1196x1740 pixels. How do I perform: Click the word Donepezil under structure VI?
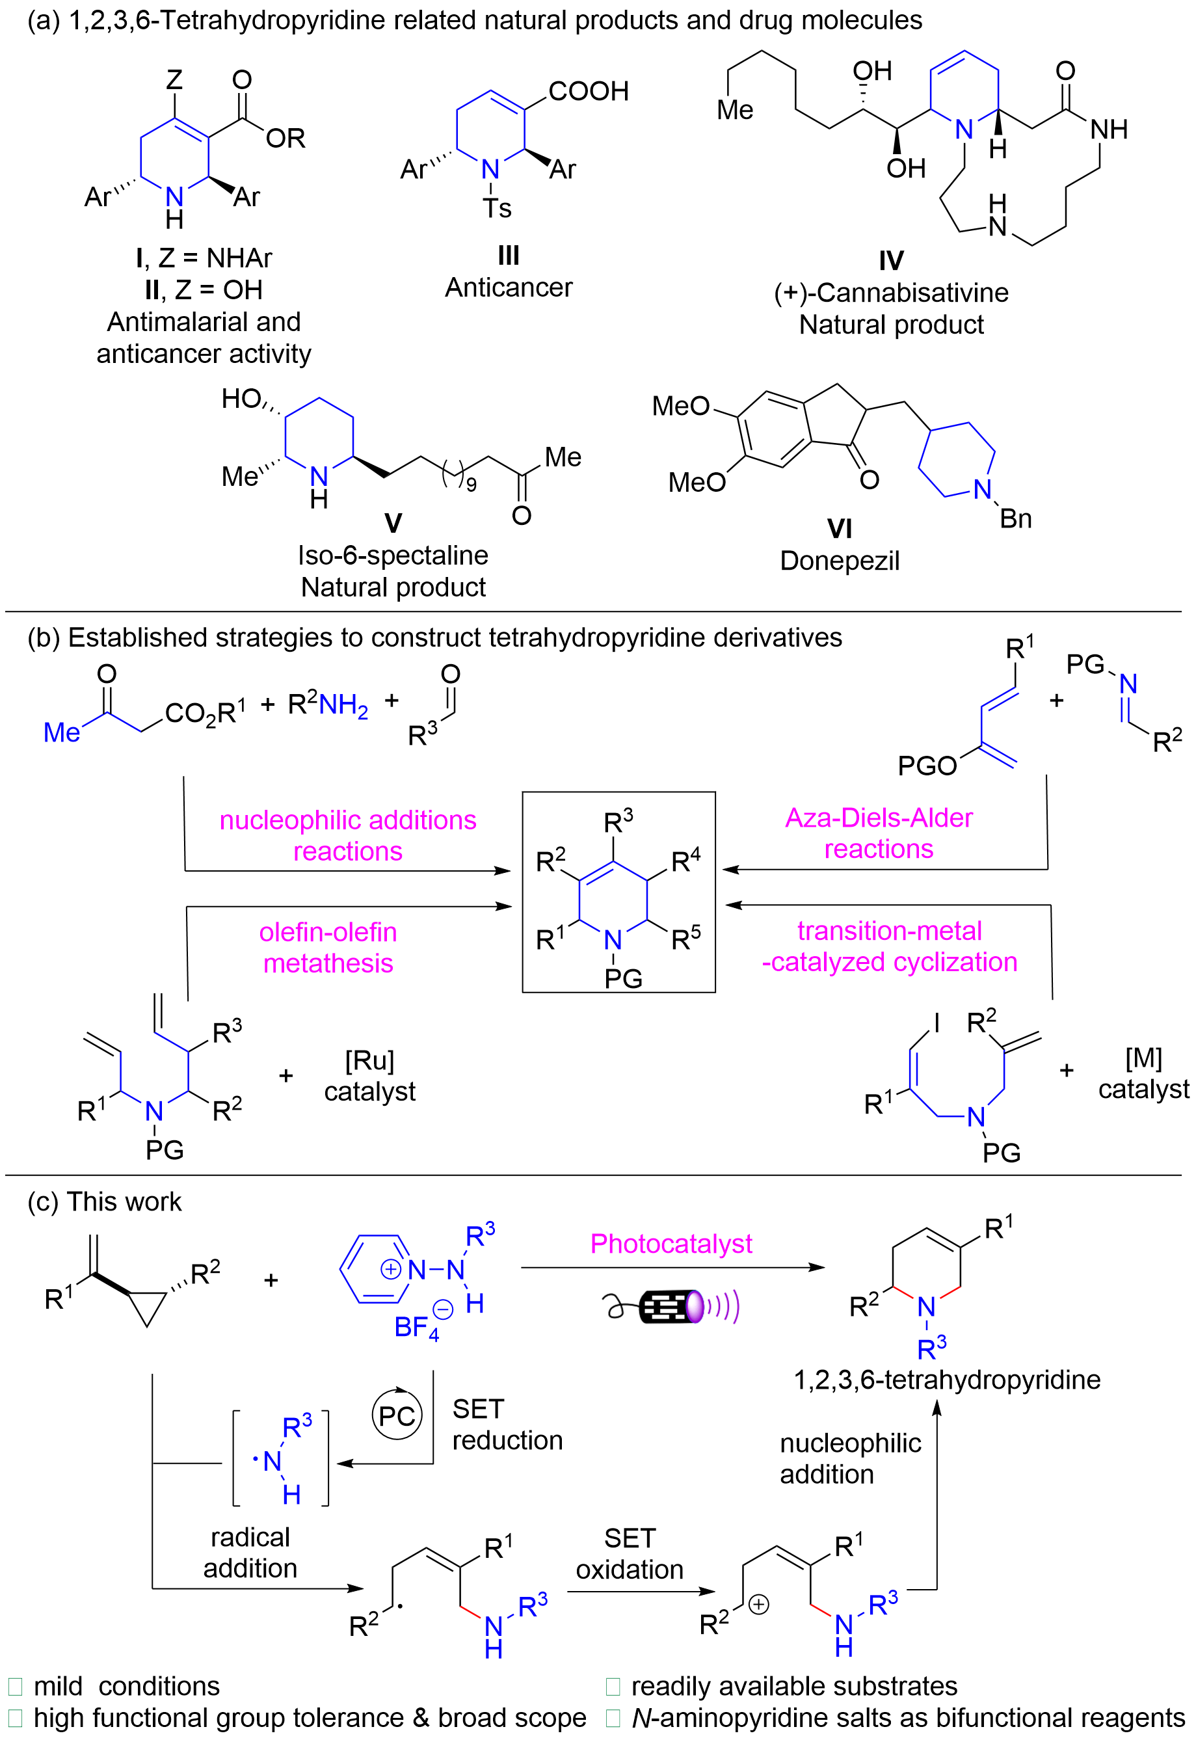tap(840, 561)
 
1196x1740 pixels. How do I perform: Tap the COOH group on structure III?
tap(589, 92)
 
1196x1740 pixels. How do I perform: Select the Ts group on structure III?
tap(497, 208)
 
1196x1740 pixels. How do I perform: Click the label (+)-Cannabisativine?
tap(891, 292)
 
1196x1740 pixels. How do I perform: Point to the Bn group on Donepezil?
tap(1015, 518)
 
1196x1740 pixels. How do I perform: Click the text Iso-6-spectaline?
tap(393, 555)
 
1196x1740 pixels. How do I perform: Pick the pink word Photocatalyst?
tap(671, 1244)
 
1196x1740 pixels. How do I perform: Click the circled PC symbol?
tap(397, 1415)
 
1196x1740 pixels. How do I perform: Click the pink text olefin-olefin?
tap(328, 932)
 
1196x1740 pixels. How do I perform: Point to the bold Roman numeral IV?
tap(891, 261)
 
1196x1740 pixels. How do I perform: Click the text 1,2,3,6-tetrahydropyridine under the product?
tap(946, 1380)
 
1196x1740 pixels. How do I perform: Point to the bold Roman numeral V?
tap(393, 523)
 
